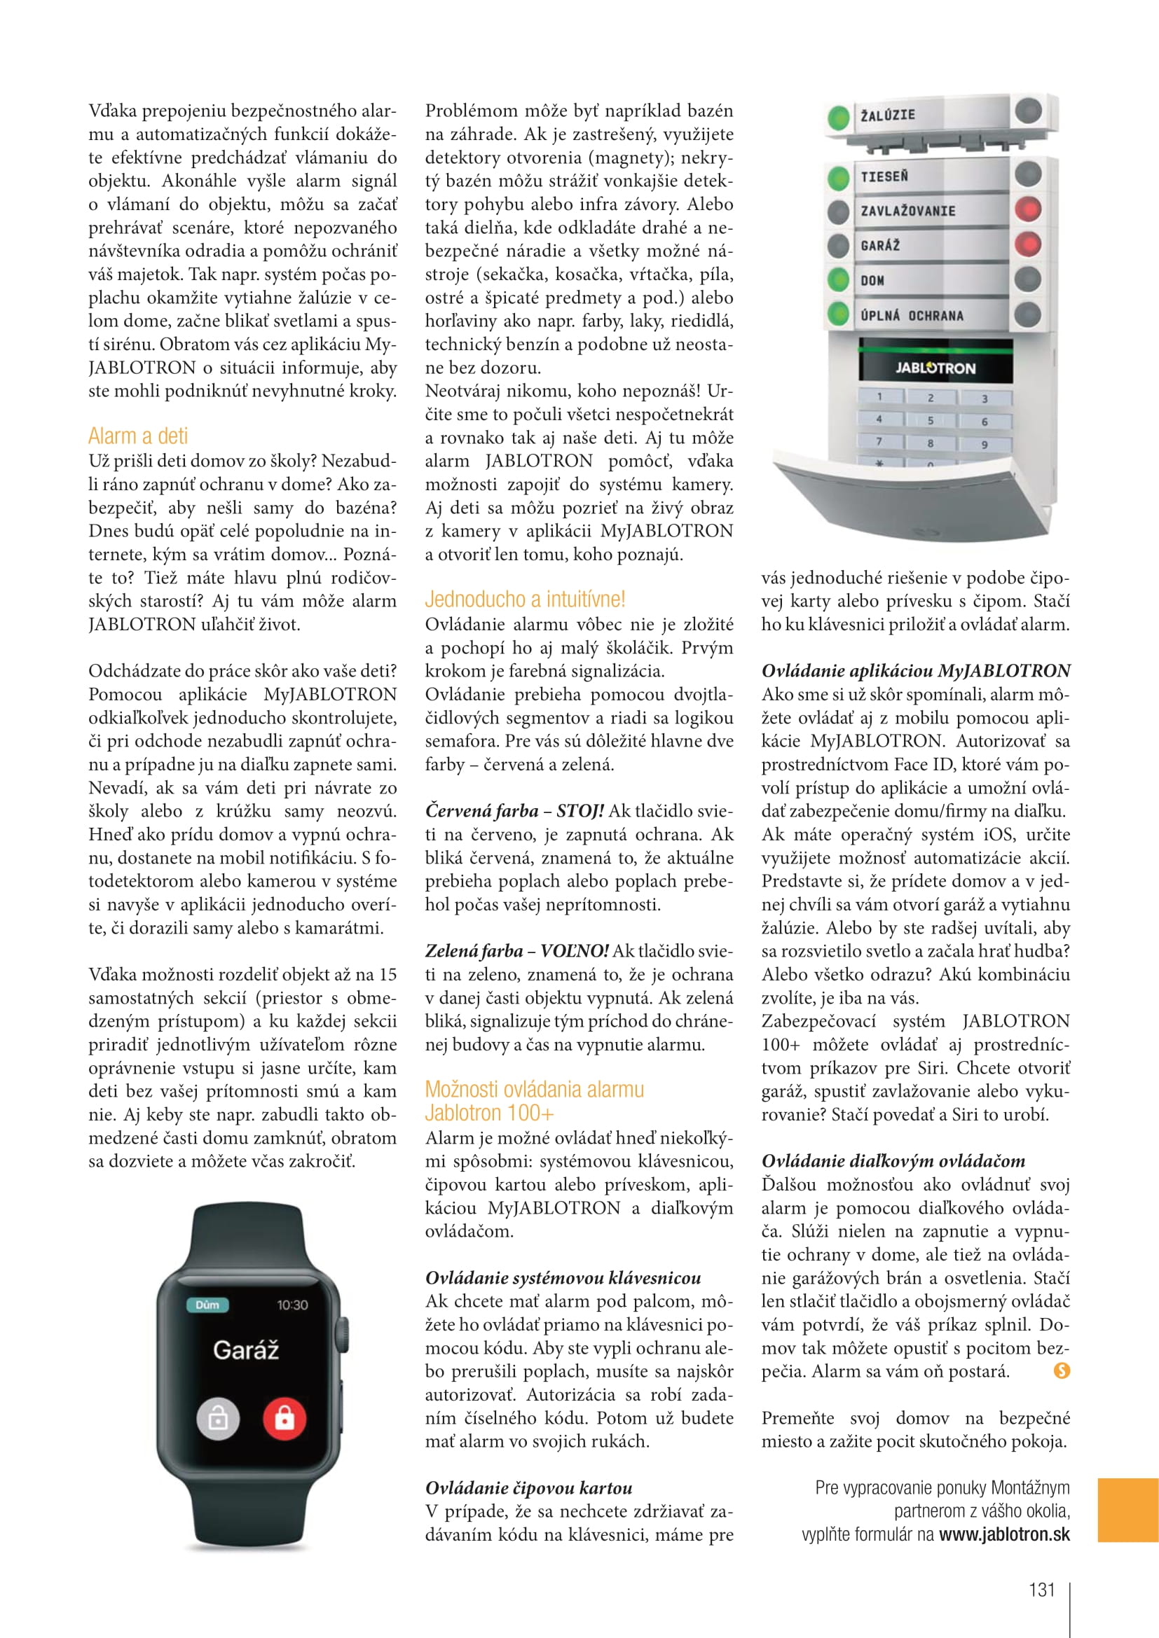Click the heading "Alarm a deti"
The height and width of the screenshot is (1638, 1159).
(x=138, y=436)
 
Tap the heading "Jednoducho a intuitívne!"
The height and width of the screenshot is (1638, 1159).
(x=525, y=599)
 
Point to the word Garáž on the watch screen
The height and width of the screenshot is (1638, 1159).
(x=245, y=1349)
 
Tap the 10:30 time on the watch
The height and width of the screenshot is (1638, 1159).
(x=293, y=1305)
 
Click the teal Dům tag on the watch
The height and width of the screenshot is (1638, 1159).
(x=207, y=1305)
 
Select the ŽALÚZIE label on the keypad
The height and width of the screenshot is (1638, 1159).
(x=888, y=115)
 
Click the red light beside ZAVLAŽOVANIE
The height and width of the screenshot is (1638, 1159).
(x=1028, y=210)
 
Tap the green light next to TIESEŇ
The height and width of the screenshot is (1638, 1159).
(x=839, y=177)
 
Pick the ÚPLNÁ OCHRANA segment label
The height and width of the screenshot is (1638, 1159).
(x=912, y=315)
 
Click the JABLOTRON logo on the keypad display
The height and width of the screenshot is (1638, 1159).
(x=935, y=368)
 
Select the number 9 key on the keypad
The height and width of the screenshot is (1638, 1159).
(x=985, y=444)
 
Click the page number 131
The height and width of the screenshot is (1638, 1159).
(x=1041, y=1590)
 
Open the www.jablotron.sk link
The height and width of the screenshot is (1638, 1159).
(x=1004, y=1534)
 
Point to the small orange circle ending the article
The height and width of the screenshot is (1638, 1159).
(x=1062, y=1370)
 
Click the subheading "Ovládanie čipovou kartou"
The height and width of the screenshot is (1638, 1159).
(x=529, y=1487)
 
